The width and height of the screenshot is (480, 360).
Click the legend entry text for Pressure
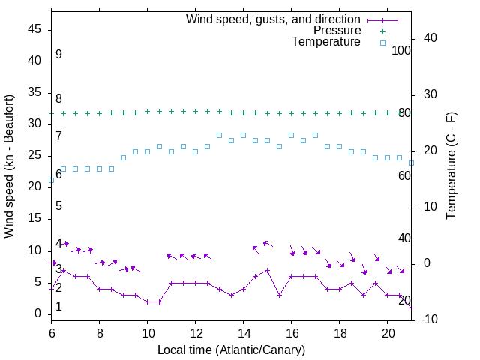[x=337, y=31]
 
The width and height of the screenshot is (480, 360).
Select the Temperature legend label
[x=326, y=42]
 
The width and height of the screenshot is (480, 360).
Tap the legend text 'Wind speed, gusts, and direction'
[x=274, y=19]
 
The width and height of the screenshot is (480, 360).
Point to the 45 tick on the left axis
[x=35, y=29]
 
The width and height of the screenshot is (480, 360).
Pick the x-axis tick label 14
[x=244, y=332]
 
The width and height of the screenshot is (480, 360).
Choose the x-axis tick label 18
[x=340, y=332]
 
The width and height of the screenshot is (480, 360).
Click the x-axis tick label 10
[x=148, y=332]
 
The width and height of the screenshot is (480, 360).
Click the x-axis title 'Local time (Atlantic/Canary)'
[x=231, y=349]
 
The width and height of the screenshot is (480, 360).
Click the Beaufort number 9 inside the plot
[x=58, y=55]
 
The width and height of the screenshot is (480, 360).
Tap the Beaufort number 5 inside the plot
[x=58, y=206]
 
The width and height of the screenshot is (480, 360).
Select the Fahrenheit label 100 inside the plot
[x=402, y=50]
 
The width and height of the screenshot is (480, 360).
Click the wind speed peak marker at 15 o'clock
[x=268, y=270]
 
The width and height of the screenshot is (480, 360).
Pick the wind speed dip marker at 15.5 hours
[x=280, y=295]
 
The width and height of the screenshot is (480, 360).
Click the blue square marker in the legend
[x=382, y=43]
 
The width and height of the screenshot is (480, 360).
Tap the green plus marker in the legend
[x=382, y=31]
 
